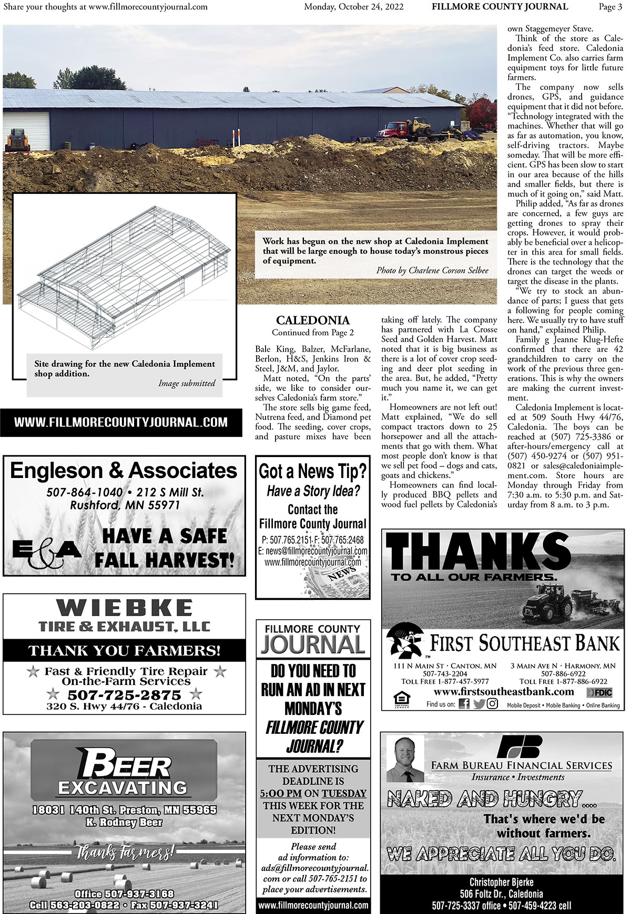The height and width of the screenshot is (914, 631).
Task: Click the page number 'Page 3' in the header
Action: point(610,7)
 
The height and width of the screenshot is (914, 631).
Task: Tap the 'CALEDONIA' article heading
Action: point(312,320)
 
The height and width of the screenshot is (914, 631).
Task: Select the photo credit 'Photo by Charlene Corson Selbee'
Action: point(432,271)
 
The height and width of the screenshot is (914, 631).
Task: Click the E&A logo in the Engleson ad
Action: point(46,551)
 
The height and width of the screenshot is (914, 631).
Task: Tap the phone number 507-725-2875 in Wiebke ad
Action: point(124,695)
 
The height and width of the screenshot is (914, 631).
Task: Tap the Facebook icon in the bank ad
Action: point(464,704)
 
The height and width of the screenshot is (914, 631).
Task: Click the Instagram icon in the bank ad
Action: point(492,704)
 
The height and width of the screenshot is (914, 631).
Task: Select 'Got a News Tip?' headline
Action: point(312,471)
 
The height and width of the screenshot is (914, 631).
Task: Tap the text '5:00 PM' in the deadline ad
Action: point(281,793)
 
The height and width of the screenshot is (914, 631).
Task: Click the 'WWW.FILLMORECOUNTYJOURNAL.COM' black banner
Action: point(121,422)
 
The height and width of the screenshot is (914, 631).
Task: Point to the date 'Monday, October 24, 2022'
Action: point(354,7)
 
